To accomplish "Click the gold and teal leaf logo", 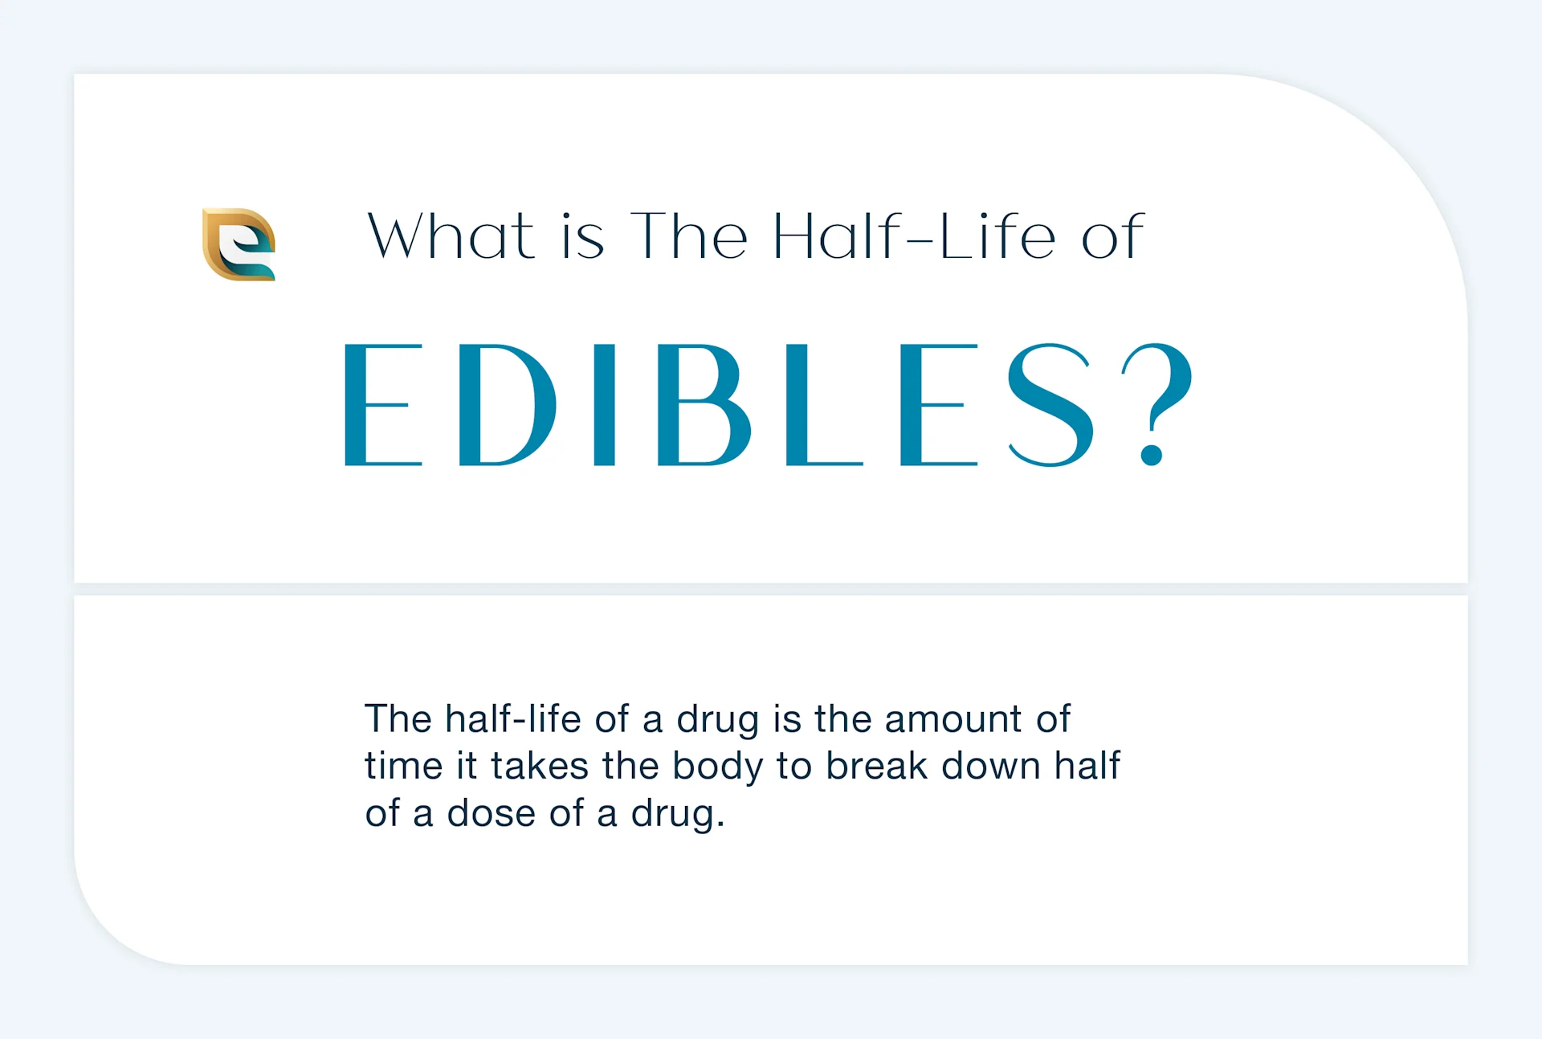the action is [239, 244].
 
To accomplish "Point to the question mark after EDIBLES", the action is [1157, 404].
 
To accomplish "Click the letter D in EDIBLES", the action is [508, 405].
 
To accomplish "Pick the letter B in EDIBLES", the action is [704, 405].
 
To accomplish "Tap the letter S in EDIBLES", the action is [1050, 405].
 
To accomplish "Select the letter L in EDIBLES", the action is [824, 405].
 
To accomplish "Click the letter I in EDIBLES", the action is [605, 405].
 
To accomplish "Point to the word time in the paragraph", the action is [404, 766].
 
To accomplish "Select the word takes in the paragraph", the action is [540, 766].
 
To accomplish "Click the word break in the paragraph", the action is [877, 766].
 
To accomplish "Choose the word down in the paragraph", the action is [991, 766].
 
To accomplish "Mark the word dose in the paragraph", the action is [492, 813].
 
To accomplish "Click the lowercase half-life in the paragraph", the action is [513, 718].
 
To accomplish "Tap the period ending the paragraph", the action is [720, 824].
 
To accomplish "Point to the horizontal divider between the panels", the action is [771, 589].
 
